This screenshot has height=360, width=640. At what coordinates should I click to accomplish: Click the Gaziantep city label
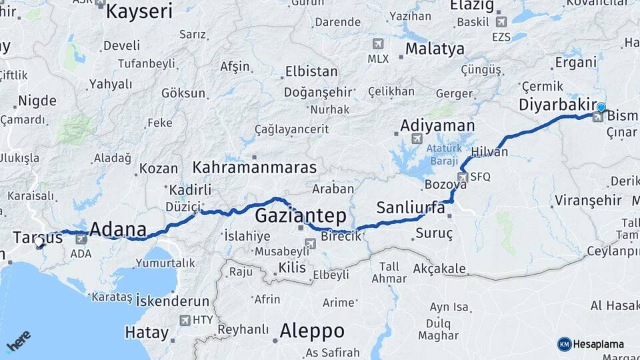[x=301, y=215]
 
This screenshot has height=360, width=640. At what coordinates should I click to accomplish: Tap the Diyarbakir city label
[x=557, y=105]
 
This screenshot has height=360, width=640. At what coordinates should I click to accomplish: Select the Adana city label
[x=117, y=229]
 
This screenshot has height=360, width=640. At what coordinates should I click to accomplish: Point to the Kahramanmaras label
[x=255, y=166]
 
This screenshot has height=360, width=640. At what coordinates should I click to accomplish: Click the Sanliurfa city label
[x=411, y=207]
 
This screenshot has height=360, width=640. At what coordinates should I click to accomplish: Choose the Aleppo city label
[x=312, y=330]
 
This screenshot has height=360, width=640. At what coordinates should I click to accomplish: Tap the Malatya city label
[x=435, y=49]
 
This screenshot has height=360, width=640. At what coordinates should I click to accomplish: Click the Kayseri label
[x=139, y=11]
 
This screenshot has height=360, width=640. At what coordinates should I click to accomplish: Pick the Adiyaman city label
[x=438, y=125]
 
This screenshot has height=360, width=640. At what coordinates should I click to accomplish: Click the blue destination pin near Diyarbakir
[x=601, y=108]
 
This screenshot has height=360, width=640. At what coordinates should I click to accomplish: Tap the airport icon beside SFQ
[x=463, y=177]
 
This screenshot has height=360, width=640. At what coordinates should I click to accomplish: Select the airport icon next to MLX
[x=379, y=44]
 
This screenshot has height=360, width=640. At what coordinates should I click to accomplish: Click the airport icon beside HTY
[x=185, y=320]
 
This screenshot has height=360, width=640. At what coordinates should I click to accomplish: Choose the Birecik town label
[x=341, y=237]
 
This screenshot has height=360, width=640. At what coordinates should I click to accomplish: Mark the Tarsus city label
[x=37, y=237]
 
